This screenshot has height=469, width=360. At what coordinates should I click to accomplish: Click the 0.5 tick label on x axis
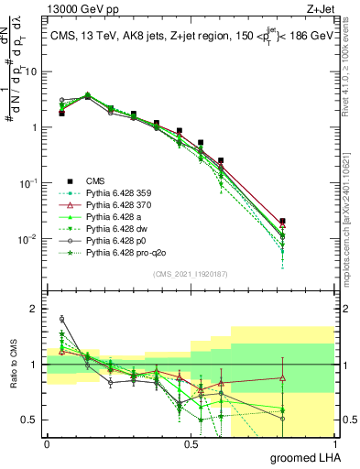(x=191, y=443)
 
